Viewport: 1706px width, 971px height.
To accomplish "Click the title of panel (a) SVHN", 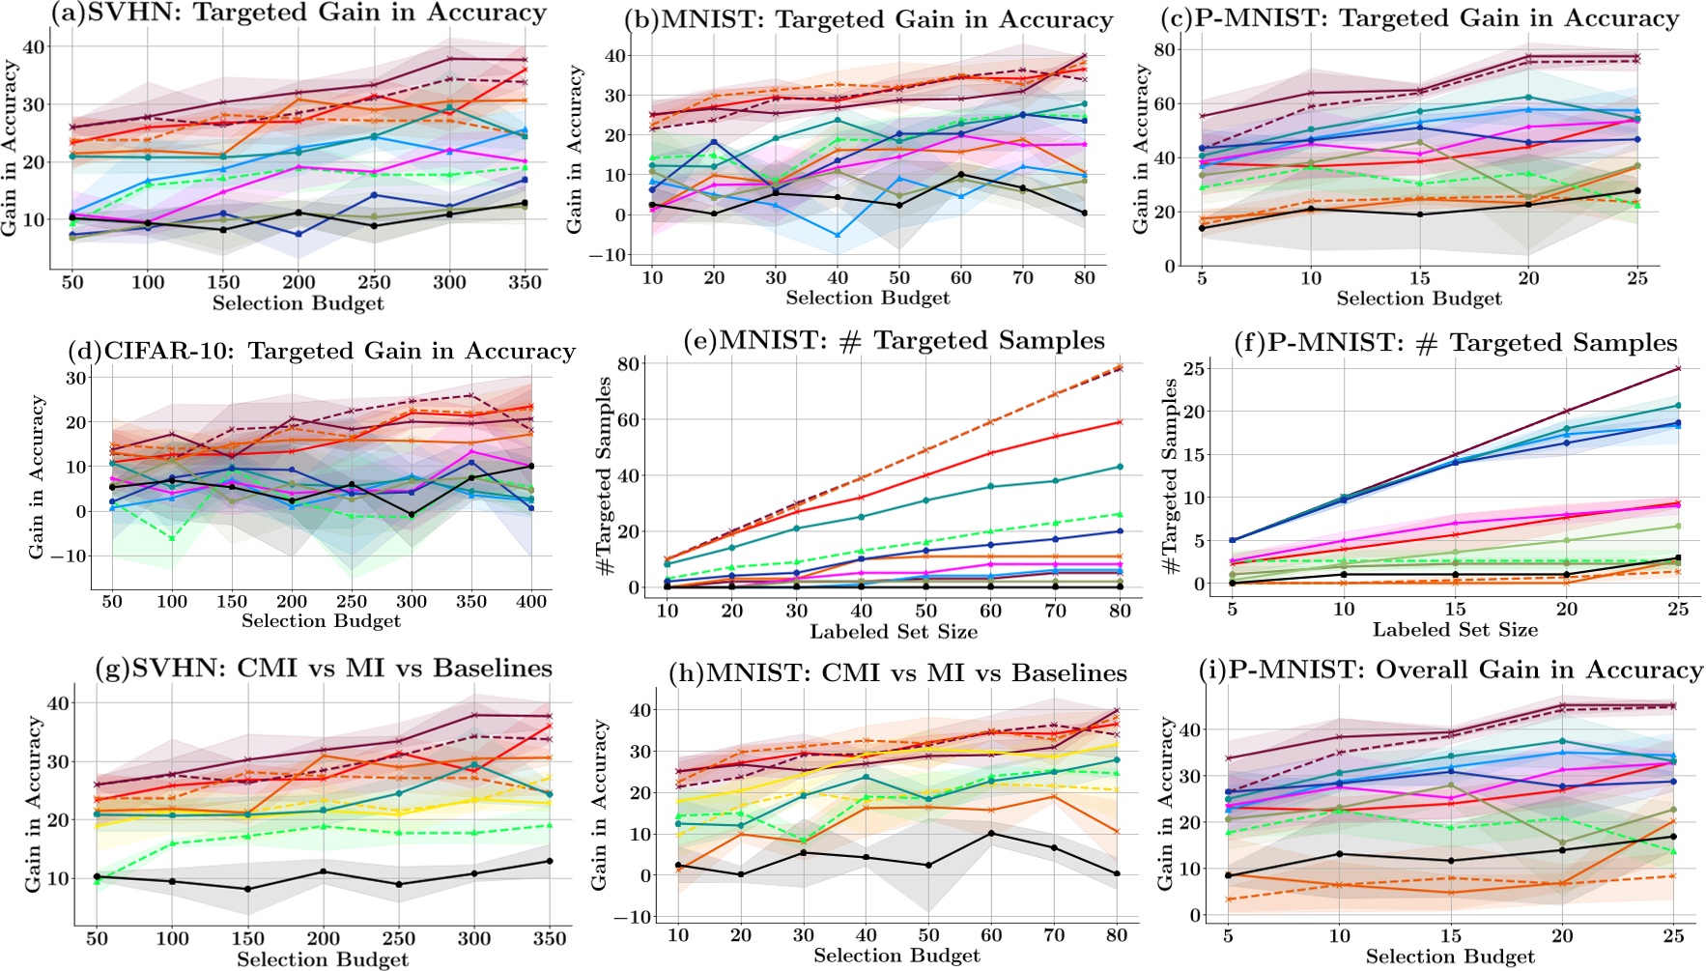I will pyautogui.click(x=298, y=14).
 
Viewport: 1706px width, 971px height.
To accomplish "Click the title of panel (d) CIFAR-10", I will pyautogui.click(x=322, y=352).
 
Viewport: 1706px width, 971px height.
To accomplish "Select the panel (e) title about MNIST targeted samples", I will pyautogui.click(x=894, y=341).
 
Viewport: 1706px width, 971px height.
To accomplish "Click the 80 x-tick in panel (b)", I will pyautogui.click(x=1085, y=278).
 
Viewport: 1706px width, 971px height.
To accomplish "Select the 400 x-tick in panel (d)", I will pyautogui.click(x=531, y=601).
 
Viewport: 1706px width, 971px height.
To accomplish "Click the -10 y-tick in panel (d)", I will pyautogui.click(x=72, y=556).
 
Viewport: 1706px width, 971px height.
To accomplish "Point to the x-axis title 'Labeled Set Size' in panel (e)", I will pyautogui.click(x=894, y=632).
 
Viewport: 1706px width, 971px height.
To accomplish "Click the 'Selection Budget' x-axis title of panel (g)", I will pyautogui.click(x=323, y=959).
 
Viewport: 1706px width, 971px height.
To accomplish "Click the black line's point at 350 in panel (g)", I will pyautogui.click(x=550, y=861).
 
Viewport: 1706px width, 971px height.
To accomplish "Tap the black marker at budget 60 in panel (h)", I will pyautogui.click(x=992, y=833).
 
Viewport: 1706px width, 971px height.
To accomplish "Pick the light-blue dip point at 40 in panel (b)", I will pyautogui.click(x=838, y=235).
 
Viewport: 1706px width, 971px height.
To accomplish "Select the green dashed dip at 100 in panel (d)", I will pyautogui.click(x=172, y=538).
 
